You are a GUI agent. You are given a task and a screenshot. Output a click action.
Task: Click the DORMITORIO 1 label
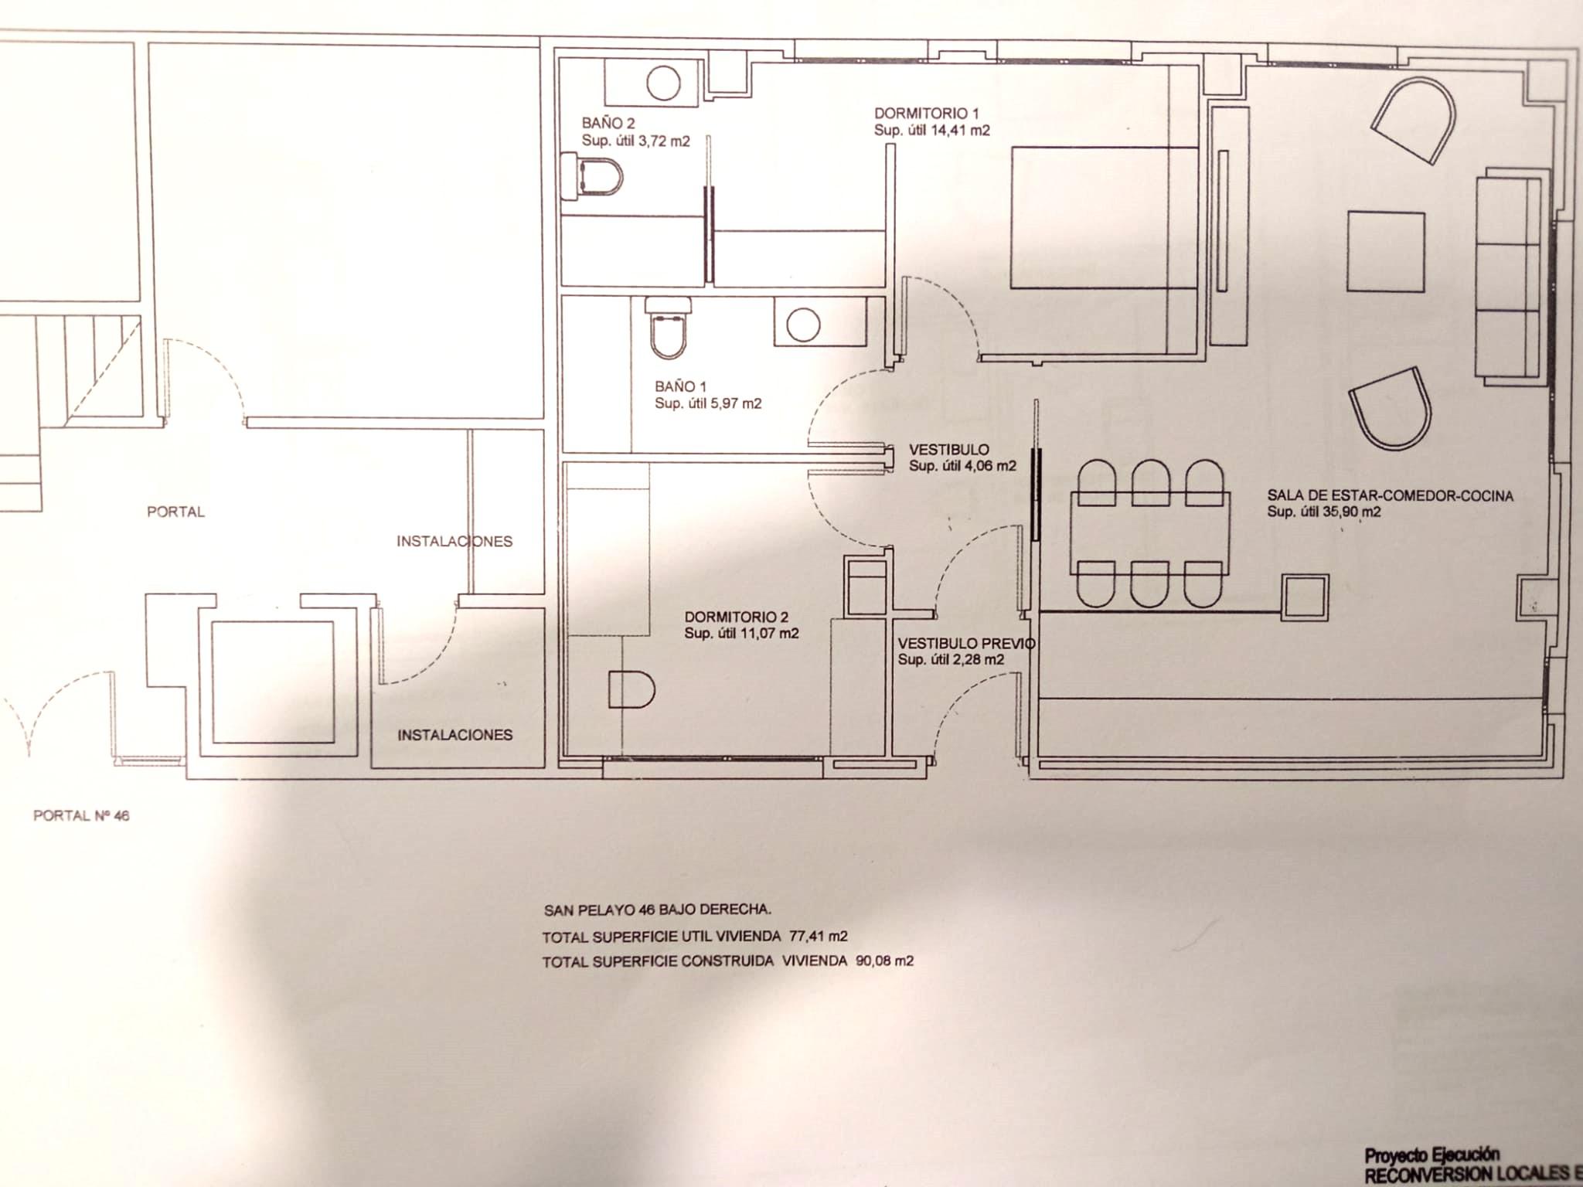click(x=926, y=113)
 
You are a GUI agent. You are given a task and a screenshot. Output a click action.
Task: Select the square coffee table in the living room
click(x=1386, y=251)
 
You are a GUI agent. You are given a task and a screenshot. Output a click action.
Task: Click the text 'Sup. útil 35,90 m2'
click(x=1323, y=512)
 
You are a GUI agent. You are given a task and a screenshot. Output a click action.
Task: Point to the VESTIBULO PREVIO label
click(x=966, y=643)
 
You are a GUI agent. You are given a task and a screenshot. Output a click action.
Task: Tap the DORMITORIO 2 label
click(x=736, y=617)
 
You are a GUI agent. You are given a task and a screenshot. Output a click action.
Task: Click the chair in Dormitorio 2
click(x=631, y=689)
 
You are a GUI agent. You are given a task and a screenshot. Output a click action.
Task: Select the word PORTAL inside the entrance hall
click(x=176, y=512)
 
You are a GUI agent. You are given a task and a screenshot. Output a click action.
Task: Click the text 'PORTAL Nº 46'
click(x=81, y=815)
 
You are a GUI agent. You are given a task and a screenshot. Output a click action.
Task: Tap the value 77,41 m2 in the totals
click(x=819, y=937)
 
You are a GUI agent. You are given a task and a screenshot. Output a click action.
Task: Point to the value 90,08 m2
click(x=884, y=961)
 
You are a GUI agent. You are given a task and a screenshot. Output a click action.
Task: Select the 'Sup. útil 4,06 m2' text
click(x=962, y=466)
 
